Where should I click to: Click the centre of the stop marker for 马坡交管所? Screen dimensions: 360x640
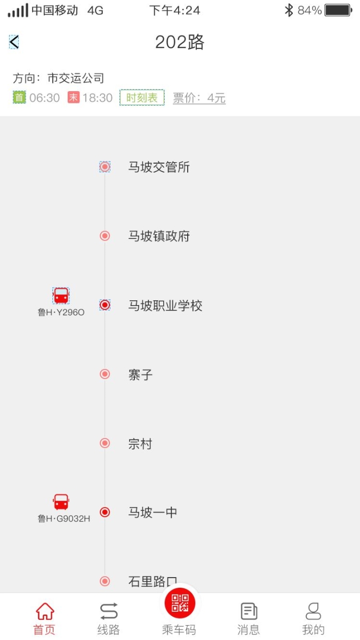click(105, 166)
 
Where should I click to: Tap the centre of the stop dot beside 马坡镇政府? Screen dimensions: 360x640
click(105, 236)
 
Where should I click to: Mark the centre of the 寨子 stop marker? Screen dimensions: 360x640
click(105, 374)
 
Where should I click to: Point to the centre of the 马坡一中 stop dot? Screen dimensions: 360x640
click(105, 512)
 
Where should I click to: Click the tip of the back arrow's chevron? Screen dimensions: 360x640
click(10, 42)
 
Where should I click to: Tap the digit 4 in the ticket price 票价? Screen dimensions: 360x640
click(211, 98)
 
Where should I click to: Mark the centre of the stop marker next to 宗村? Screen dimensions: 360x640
click(105, 443)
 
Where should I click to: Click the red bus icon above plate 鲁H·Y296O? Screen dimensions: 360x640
click(61, 295)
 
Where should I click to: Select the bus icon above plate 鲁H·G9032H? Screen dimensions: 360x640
click(61, 502)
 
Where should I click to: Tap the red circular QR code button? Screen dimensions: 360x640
click(180, 603)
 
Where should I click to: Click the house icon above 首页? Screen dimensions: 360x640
click(45, 611)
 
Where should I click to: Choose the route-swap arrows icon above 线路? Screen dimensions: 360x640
click(109, 611)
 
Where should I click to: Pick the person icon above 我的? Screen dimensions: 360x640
click(314, 611)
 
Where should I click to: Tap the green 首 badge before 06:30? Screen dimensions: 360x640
click(19, 97)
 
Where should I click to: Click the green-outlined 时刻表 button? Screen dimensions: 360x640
click(142, 98)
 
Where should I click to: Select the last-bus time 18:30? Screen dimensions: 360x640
click(98, 98)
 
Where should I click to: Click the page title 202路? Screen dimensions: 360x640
click(180, 42)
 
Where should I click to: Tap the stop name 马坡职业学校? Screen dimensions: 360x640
click(165, 306)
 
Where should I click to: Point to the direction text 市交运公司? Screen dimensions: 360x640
click(76, 78)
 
